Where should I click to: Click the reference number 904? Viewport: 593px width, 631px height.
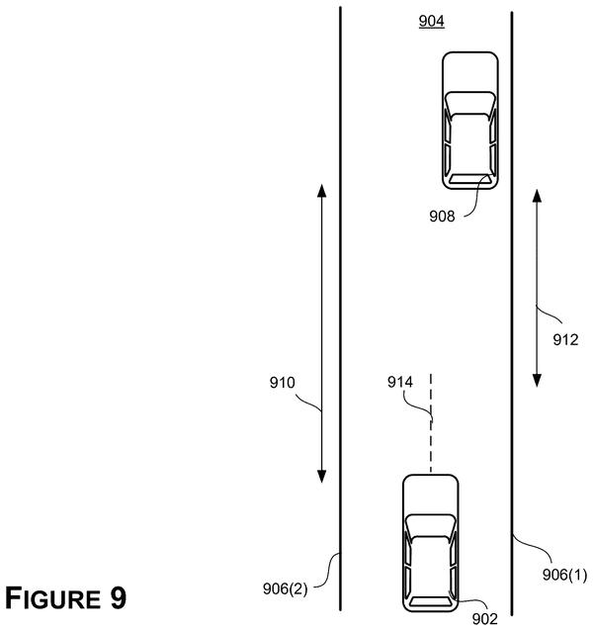click(x=431, y=21)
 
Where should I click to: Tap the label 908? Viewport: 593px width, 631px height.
click(x=442, y=217)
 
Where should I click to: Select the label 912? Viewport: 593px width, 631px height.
click(x=565, y=340)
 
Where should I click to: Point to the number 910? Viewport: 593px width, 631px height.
click(x=283, y=383)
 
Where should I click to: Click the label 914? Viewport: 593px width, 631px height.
click(x=400, y=382)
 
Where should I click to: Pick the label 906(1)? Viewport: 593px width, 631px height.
click(x=564, y=575)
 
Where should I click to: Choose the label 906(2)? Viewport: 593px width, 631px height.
click(x=285, y=588)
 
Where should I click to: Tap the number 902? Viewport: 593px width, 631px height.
click(x=485, y=618)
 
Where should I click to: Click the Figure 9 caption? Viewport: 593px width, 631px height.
click(x=65, y=598)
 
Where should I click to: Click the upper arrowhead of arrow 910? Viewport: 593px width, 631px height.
click(x=321, y=190)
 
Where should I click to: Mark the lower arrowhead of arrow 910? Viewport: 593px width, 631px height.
click(x=321, y=476)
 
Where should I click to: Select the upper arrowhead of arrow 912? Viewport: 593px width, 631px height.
click(x=537, y=196)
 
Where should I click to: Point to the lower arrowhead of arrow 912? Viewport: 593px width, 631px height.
click(x=537, y=381)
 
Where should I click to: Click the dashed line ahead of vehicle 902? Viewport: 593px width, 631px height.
click(x=431, y=423)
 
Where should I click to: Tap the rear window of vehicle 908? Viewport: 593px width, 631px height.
click(x=470, y=179)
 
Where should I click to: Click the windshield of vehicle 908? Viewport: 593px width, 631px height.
click(x=470, y=103)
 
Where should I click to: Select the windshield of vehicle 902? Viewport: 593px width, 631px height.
click(x=431, y=525)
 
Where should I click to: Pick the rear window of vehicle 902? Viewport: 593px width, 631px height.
click(x=431, y=602)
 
